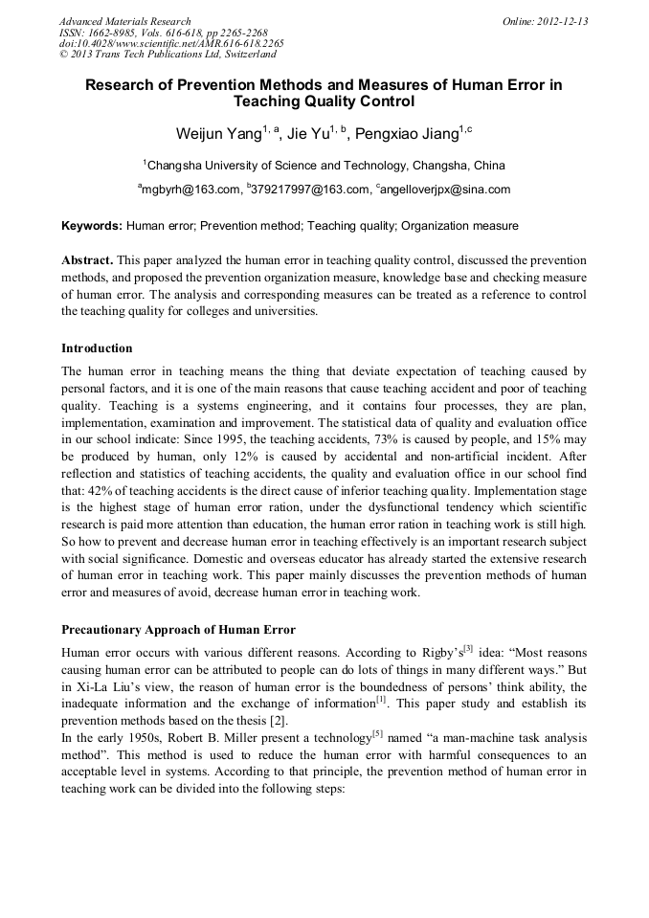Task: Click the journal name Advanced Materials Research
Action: tap(124, 21)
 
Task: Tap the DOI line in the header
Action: tap(170, 44)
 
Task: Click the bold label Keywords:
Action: tap(92, 226)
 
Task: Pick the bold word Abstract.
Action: tap(88, 260)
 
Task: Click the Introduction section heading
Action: tap(97, 347)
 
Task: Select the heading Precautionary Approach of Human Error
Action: tap(179, 629)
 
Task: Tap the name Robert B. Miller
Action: tap(193, 738)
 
